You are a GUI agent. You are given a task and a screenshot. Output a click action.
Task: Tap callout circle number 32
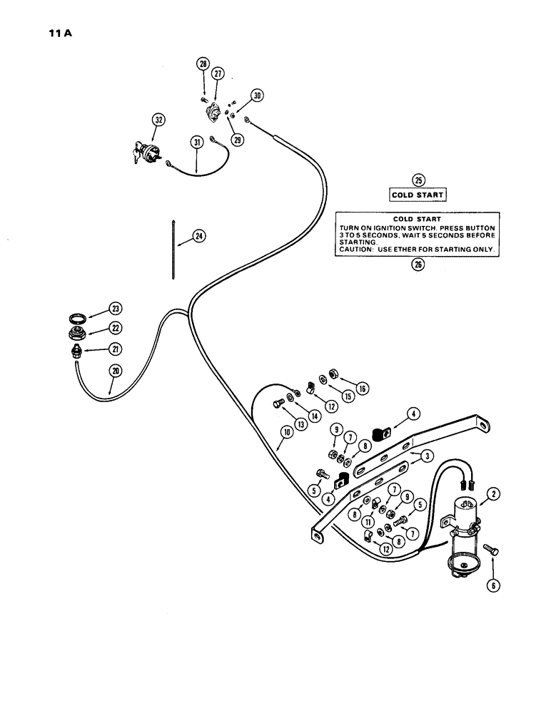[x=158, y=119]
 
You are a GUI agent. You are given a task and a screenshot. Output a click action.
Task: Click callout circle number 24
[x=198, y=237]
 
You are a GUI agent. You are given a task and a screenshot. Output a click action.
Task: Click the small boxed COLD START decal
[x=418, y=195]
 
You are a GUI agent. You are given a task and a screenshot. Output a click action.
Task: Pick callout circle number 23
[x=115, y=308]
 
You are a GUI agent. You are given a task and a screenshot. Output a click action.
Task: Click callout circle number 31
[x=198, y=142]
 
